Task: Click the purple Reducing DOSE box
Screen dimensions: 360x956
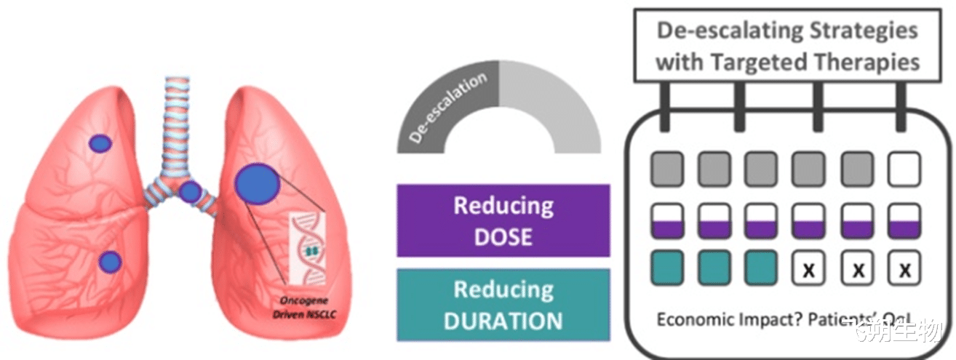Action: (503, 220)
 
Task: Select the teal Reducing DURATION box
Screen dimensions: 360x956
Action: (503, 305)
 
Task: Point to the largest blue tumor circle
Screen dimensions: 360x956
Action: (257, 182)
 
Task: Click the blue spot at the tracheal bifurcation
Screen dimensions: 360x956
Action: (190, 193)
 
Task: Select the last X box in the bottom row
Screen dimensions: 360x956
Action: (904, 270)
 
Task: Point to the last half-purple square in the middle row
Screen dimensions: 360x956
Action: (904, 220)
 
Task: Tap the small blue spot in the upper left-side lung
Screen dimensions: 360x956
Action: (100, 144)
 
